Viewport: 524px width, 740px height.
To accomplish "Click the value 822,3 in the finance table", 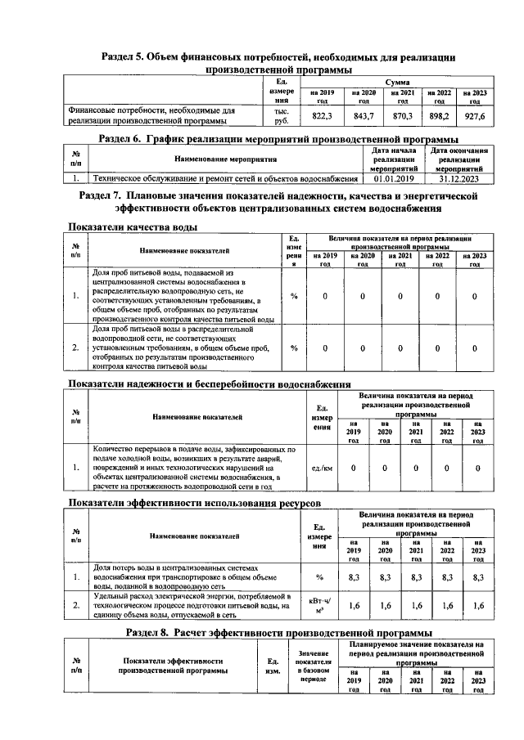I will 323,117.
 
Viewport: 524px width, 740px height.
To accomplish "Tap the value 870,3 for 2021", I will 403,117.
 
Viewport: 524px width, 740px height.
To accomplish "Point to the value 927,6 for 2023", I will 475,117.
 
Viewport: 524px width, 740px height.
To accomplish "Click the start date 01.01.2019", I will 395,177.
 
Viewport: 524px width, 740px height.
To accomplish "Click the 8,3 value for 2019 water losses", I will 355,577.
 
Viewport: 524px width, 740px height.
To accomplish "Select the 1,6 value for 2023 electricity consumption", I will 478,606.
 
